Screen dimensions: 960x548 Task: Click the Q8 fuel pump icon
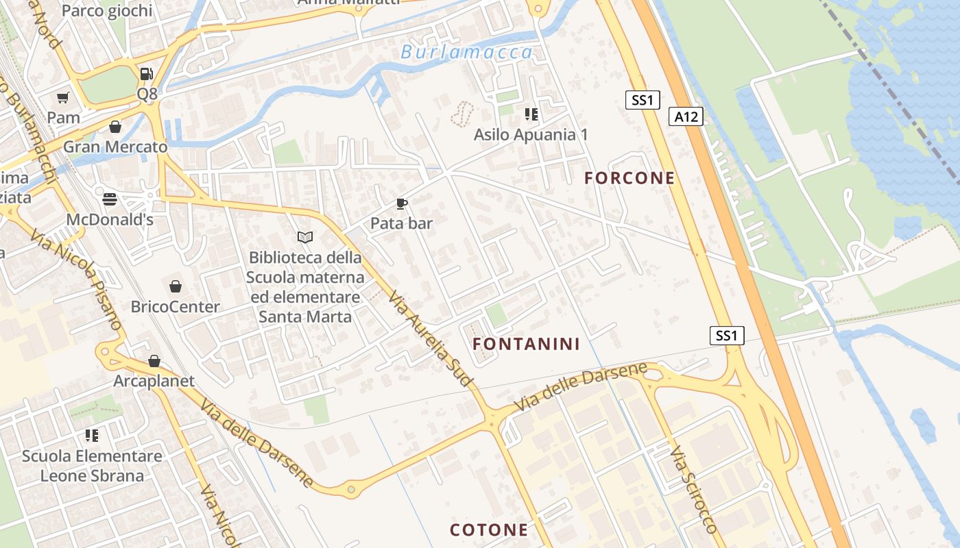(146, 74)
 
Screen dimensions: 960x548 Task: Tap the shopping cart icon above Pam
(63, 98)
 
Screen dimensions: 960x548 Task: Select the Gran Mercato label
(115, 147)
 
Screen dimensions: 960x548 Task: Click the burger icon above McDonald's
(110, 199)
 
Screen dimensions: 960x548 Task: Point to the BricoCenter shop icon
(176, 286)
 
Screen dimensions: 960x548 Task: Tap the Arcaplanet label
(154, 381)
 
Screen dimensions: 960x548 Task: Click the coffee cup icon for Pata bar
(402, 203)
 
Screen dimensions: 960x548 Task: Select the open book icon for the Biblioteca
(305, 237)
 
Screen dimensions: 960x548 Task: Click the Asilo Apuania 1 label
(531, 134)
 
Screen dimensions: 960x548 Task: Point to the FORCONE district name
(629, 178)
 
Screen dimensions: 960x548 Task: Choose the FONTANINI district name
(526, 344)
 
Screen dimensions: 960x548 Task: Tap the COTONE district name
(489, 530)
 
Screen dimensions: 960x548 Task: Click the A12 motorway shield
(686, 116)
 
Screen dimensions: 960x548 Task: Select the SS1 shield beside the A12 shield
(643, 100)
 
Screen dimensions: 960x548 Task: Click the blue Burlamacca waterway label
(466, 53)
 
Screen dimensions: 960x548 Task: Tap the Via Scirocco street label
(693, 489)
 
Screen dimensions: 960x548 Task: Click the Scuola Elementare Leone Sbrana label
(92, 466)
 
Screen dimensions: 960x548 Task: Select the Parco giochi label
(107, 10)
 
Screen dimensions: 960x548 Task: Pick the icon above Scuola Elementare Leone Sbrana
(92, 435)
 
